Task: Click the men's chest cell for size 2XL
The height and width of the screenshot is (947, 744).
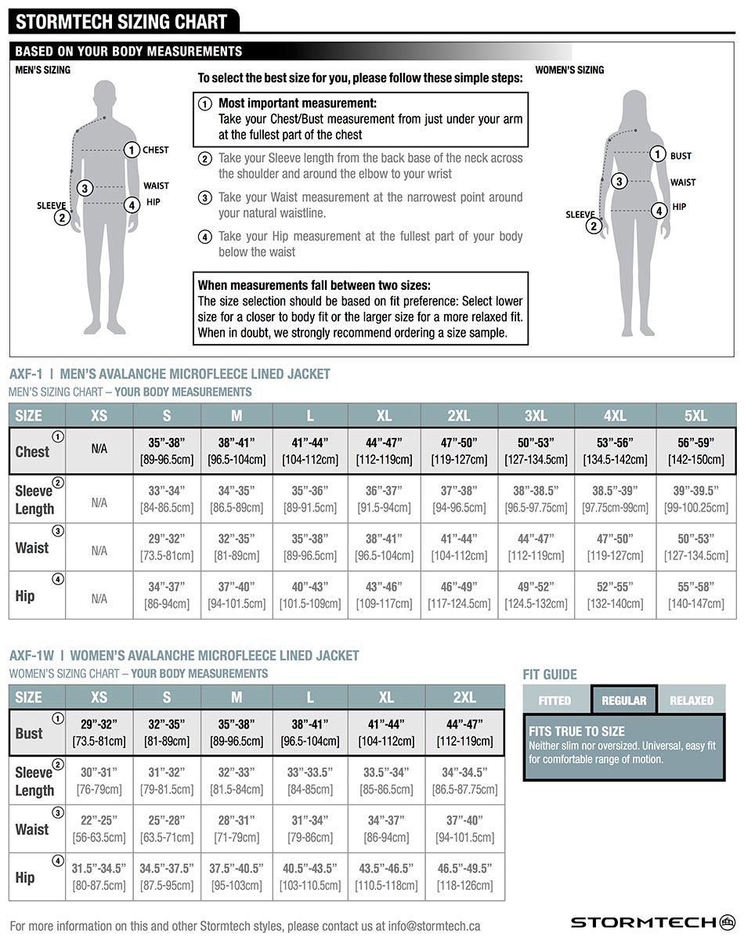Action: (x=459, y=451)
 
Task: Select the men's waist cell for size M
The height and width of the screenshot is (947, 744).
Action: (x=237, y=547)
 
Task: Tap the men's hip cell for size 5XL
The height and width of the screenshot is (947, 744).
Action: (x=695, y=595)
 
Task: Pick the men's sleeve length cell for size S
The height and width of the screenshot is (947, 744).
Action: (x=166, y=499)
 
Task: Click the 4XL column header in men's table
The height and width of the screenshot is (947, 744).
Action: (x=615, y=416)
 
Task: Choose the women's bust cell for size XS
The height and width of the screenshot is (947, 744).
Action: (x=99, y=732)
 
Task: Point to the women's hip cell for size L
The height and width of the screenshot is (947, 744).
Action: (x=310, y=877)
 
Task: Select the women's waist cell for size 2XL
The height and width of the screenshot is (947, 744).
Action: (x=464, y=828)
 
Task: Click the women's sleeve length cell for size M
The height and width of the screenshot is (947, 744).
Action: (x=237, y=780)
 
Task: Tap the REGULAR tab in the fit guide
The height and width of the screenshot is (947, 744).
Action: (x=624, y=700)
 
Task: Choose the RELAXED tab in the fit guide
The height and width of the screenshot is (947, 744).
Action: (x=692, y=700)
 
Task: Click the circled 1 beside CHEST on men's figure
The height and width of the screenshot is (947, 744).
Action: (x=132, y=150)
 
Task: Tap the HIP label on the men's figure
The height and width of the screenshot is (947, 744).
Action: (x=153, y=202)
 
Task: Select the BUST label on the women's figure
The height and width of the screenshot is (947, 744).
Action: (x=681, y=156)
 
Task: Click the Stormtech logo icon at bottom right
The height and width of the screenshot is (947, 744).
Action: (x=728, y=922)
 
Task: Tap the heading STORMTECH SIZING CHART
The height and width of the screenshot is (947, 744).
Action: (x=121, y=21)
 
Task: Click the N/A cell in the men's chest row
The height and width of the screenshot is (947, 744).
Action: (x=99, y=450)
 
